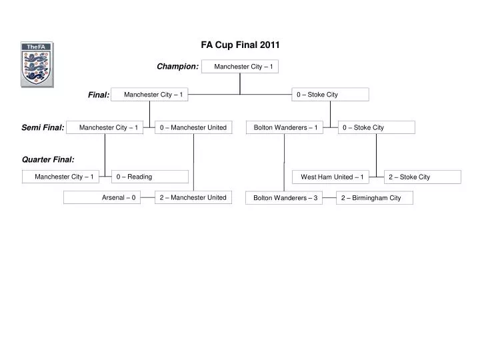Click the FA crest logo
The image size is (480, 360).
click(37, 65)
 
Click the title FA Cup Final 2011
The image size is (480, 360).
click(241, 45)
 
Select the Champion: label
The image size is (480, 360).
click(177, 66)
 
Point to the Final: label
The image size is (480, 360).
click(99, 95)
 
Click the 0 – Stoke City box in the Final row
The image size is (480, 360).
click(330, 95)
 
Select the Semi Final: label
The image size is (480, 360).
click(43, 127)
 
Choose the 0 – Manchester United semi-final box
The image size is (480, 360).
click(193, 127)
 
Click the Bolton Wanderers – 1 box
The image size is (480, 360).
click(285, 127)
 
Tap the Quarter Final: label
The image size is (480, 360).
click(48, 159)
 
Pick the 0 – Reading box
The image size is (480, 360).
click(150, 177)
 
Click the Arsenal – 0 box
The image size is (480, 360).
click(102, 197)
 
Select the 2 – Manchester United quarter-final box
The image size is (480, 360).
click(193, 197)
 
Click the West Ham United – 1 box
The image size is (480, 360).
click(331, 177)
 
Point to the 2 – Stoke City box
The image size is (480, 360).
click(423, 177)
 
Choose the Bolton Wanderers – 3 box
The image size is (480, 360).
click(284, 198)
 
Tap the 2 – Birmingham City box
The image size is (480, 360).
click(375, 198)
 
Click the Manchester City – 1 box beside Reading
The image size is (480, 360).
click(64, 177)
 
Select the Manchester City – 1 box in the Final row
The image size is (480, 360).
click(150, 95)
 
